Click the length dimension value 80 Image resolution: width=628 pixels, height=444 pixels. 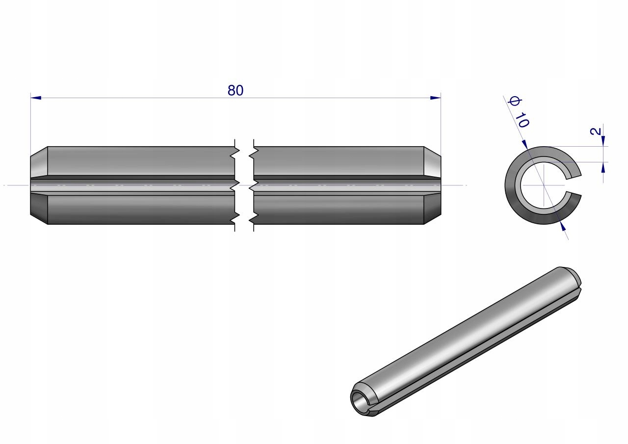point(235,91)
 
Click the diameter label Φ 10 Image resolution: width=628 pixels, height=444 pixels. point(519,112)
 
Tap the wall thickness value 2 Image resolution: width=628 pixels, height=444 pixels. point(596,131)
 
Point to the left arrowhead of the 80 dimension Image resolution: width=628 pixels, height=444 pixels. point(36,98)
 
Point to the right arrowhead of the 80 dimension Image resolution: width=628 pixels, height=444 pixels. point(435,98)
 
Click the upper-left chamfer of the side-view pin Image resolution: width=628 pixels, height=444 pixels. point(39,162)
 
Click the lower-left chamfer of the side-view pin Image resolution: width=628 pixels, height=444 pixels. point(39,209)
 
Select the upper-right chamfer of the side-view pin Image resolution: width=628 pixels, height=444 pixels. point(432,162)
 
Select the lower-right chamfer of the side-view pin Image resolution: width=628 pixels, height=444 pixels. point(432,209)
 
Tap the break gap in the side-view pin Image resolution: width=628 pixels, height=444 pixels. point(244,185)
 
